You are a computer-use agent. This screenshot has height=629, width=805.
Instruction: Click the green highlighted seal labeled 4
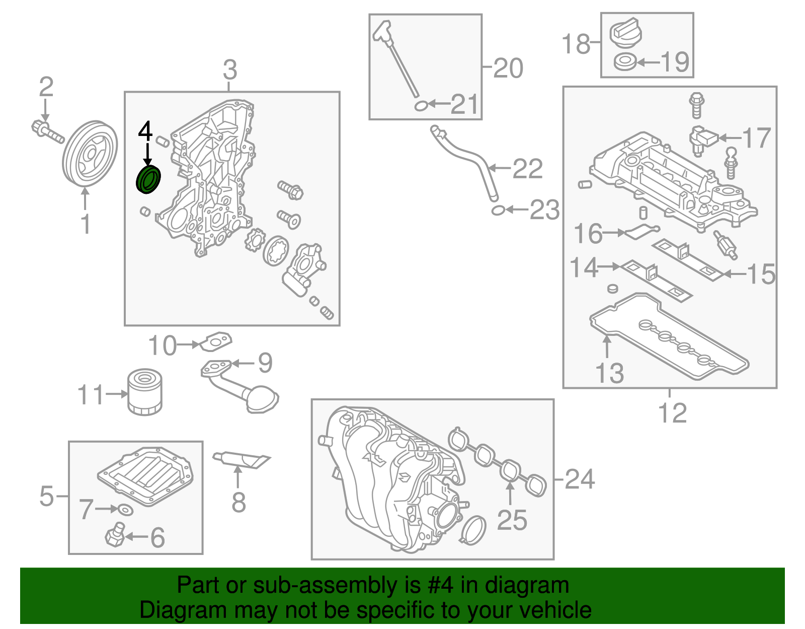click(x=149, y=180)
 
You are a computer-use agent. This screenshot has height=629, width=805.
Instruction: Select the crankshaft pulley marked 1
click(x=90, y=154)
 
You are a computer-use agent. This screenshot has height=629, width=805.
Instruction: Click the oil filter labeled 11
click(x=145, y=392)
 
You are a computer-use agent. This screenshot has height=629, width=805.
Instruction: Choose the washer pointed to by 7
click(x=126, y=510)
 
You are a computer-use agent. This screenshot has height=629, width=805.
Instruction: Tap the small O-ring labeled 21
click(x=421, y=106)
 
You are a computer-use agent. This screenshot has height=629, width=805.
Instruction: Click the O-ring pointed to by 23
click(x=498, y=210)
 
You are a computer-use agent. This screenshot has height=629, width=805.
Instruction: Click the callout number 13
click(x=609, y=373)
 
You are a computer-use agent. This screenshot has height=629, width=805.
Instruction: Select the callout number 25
click(x=512, y=520)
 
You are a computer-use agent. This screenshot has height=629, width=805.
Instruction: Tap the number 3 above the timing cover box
click(x=230, y=70)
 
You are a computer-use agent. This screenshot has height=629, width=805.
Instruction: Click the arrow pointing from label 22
click(x=499, y=168)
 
